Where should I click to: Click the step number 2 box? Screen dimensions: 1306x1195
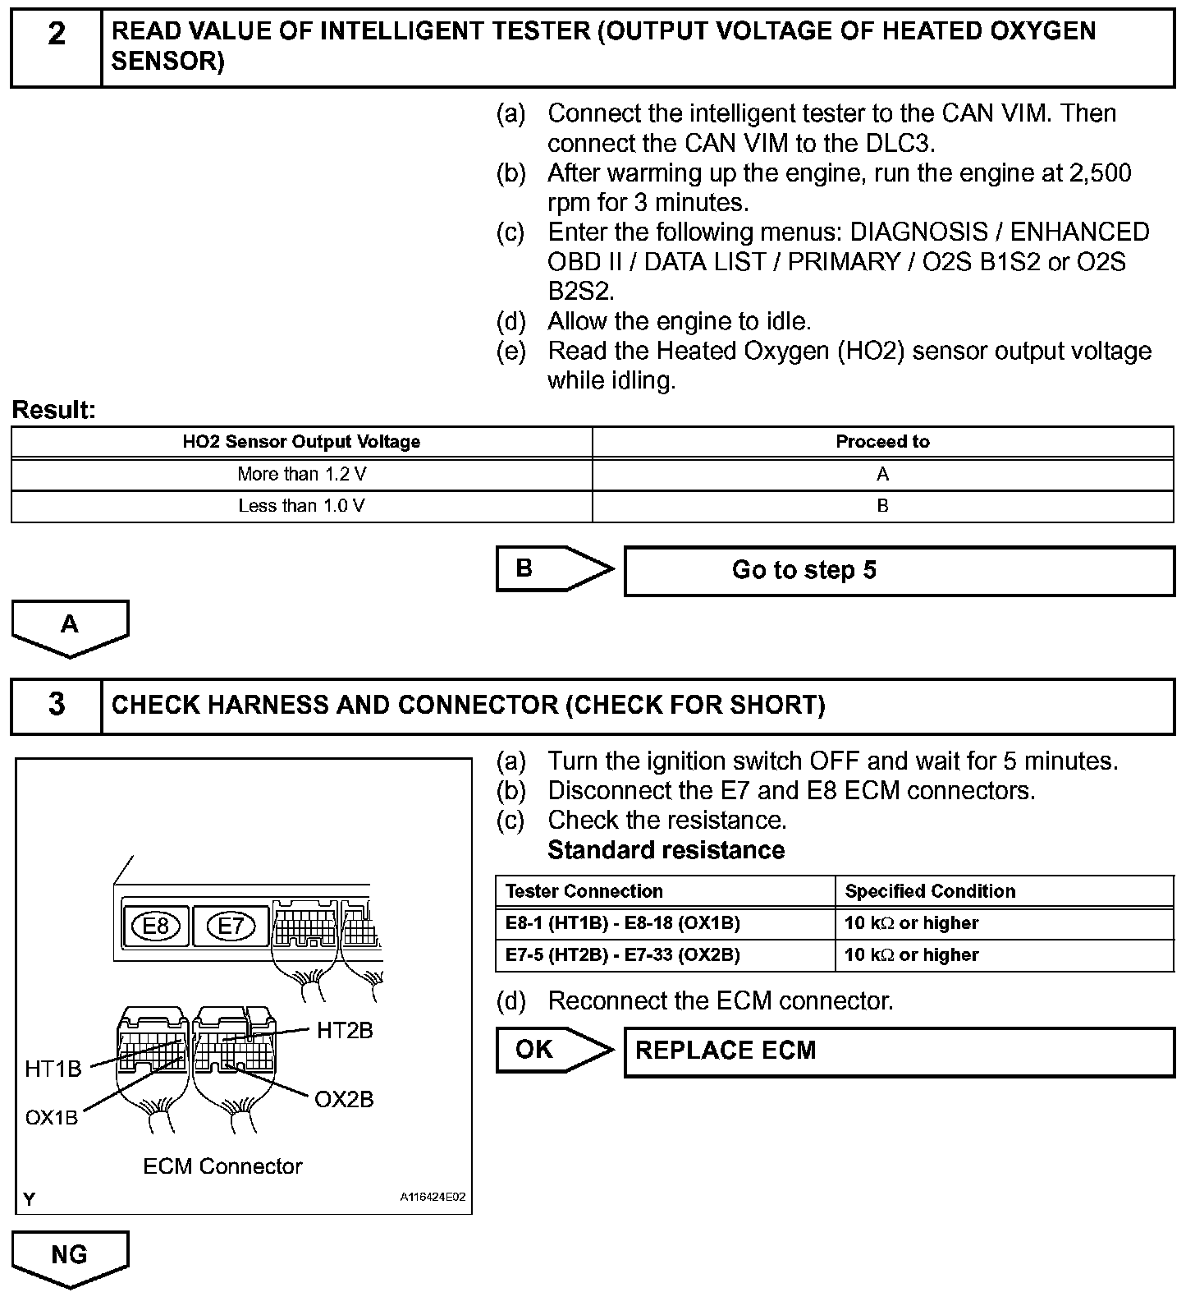coord(56,48)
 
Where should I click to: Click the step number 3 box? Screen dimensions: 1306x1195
coord(56,706)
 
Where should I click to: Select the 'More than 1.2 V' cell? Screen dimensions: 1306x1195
coord(301,474)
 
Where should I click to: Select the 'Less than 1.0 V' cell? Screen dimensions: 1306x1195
coord(301,506)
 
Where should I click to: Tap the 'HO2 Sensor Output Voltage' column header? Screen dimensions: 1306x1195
coord(301,442)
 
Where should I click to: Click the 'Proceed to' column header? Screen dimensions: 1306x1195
coord(882,442)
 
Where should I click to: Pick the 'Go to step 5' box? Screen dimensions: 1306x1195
coord(899,571)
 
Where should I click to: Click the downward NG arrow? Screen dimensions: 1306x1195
coord(70,1257)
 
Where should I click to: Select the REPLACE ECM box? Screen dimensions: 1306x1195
coord(899,1051)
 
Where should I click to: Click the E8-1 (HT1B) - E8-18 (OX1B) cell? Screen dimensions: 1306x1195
coord(665,923)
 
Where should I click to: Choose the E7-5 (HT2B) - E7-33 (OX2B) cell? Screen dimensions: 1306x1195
coord(665,955)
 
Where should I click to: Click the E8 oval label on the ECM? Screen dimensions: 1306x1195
coord(155,927)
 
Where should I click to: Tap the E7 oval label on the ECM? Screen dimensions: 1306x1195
coord(231,927)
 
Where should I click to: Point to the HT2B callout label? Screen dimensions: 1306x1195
coord(345,1030)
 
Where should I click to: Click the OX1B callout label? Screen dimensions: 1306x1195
coord(52,1118)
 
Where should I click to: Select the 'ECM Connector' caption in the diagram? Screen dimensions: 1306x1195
coord(222,1166)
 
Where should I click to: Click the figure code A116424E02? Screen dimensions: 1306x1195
coord(433,1198)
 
